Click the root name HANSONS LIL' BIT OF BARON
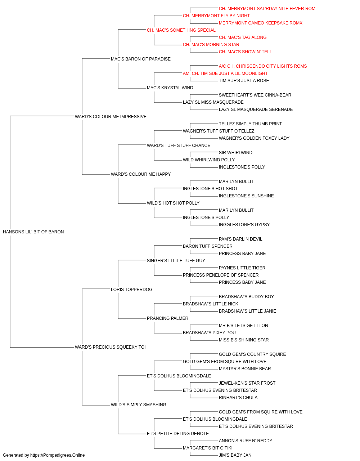click(33, 232)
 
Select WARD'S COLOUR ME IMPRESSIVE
click(111, 116)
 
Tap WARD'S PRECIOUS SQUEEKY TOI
click(110, 347)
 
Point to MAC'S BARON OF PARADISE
click(140, 59)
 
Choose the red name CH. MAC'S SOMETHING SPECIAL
click(181, 30)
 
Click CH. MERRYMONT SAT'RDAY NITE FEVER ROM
click(267, 9)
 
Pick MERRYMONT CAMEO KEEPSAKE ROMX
click(261, 23)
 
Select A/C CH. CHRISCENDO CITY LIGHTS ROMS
click(263, 66)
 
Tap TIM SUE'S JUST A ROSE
click(244, 80)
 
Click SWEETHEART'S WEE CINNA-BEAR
click(255, 95)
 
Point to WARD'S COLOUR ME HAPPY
click(141, 174)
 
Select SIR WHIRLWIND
click(235, 153)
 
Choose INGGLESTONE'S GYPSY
click(244, 224)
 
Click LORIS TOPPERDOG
click(132, 289)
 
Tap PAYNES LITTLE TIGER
click(242, 268)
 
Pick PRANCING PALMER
click(167, 318)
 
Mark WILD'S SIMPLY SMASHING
click(139, 404)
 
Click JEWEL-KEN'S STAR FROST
click(247, 383)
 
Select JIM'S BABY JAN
click(235, 455)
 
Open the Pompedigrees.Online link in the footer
click(57, 455)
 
